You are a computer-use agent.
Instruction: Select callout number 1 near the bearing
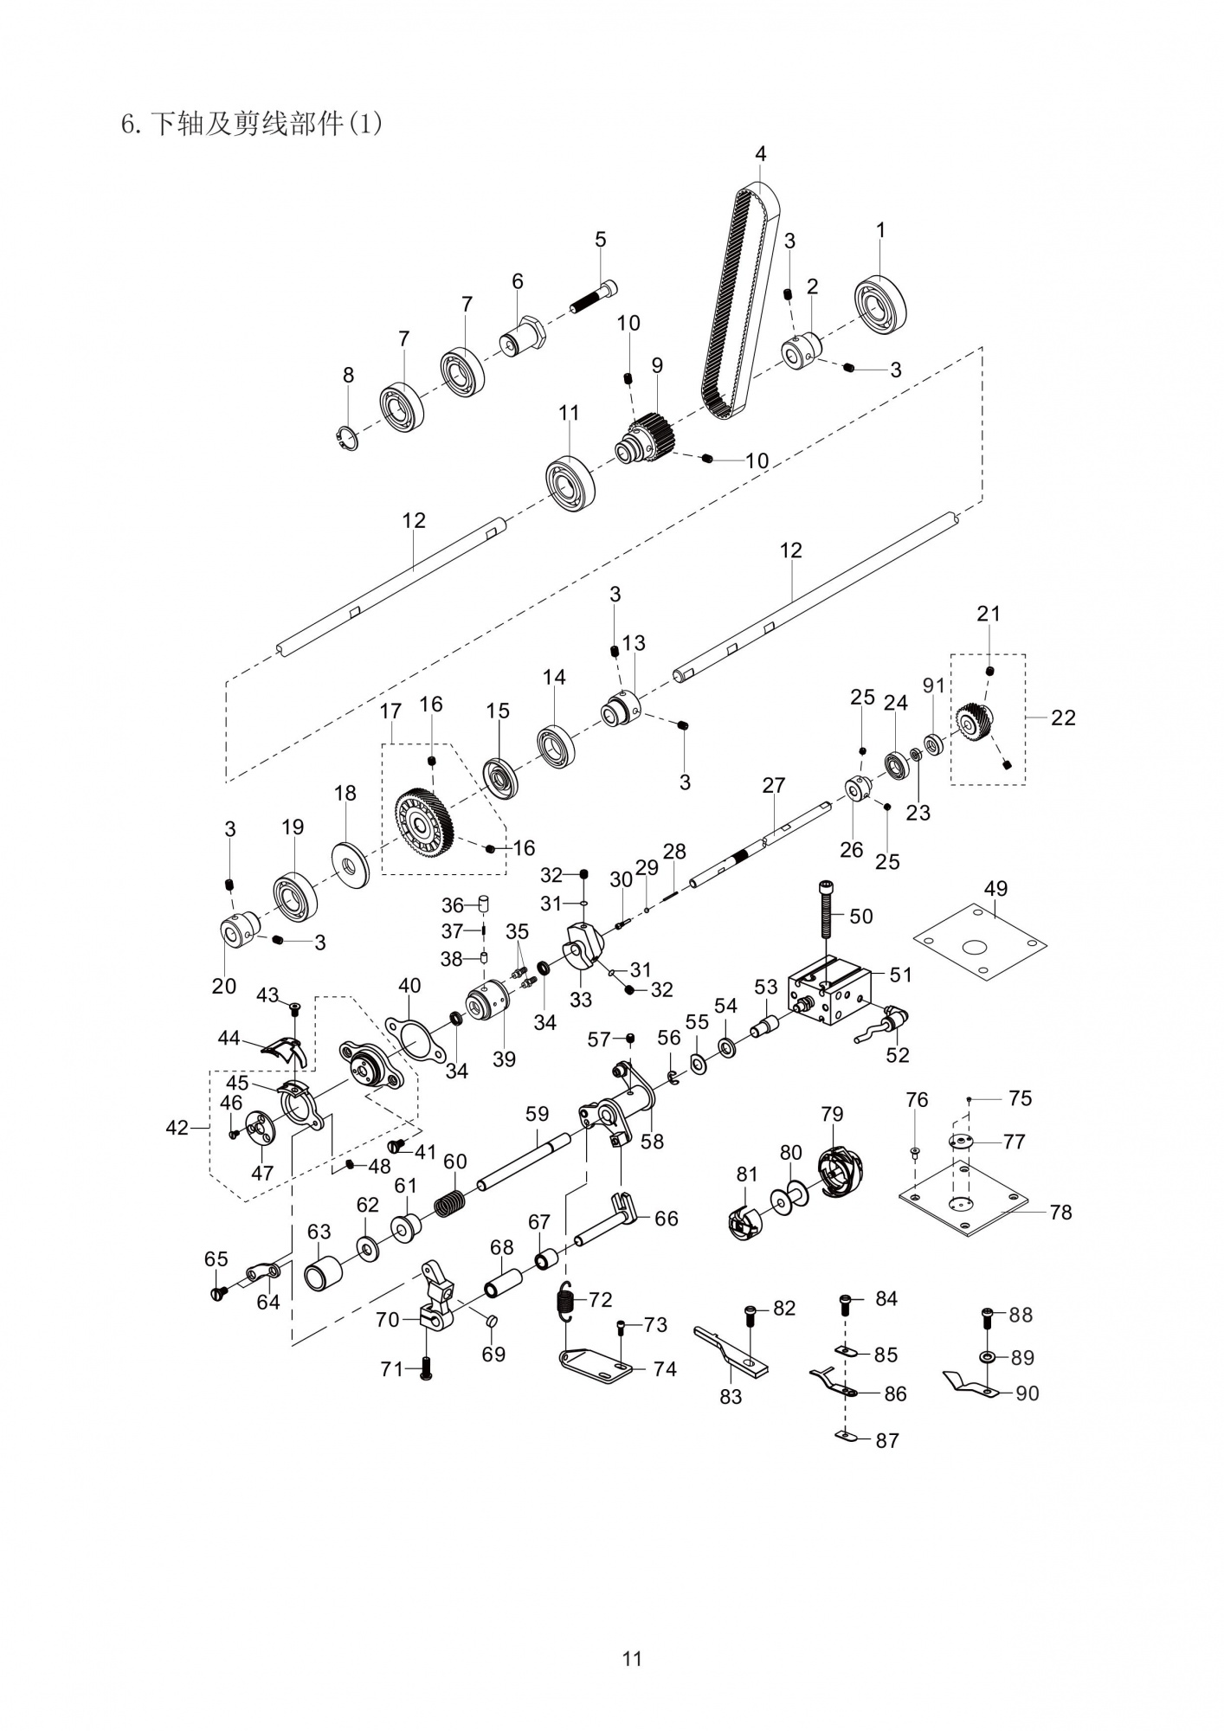[880, 231]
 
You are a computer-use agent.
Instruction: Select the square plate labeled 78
[963, 1210]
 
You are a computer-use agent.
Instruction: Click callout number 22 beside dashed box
[1063, 717]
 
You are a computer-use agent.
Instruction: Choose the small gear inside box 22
[976, 721]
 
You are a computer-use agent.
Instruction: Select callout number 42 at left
[177, 1129]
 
